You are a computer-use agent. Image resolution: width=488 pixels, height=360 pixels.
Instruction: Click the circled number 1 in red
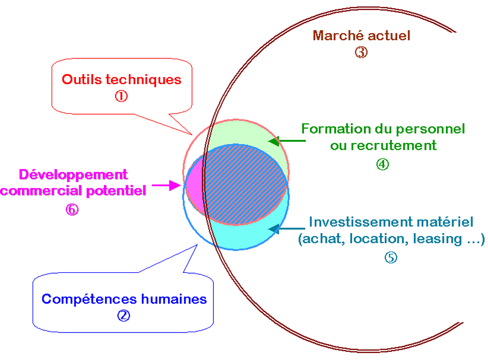pos(121,96)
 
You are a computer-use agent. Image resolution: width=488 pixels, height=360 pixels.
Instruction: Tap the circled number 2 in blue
pos(123,315)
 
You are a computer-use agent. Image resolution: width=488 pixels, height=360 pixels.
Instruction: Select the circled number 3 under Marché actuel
pos(361,52)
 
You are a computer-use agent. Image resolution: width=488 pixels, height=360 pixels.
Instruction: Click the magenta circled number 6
pos(72,209)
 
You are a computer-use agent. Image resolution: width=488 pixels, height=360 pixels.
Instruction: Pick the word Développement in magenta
pos(74,174)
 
